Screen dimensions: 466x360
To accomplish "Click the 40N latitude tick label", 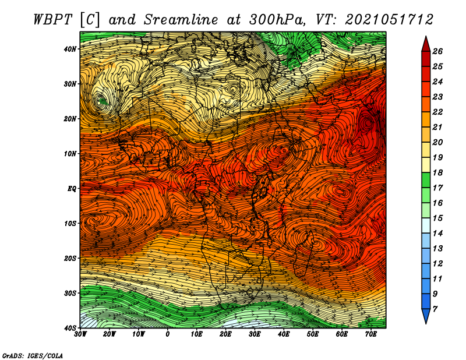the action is (x=70, y=49).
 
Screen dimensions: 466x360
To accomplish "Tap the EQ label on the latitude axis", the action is (x=72, y=189).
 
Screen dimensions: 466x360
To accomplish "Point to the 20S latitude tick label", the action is (x=70, y=258).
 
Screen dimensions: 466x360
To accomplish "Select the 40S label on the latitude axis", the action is (x=70, y=328).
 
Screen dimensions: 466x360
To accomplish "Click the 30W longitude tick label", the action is (x=80, y=334).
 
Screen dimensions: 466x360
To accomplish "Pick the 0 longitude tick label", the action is (x=168, y=334).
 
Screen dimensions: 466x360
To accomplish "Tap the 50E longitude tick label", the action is (x=313, y=334).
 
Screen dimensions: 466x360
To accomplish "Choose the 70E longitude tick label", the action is (x=371, y=334).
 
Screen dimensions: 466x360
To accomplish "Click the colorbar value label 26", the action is (x=437, y=51).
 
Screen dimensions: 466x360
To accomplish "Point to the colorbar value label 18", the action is (x=437, y=172).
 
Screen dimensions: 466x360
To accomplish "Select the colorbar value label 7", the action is (x=435, y=309).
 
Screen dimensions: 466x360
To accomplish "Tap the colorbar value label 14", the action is (x=437, y=234).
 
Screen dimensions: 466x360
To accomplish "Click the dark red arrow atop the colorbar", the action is (x=426, y=45).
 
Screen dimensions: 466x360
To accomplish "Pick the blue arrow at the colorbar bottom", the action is (x=426, y=316).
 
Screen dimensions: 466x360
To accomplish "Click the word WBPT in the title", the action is (x=52, y=20).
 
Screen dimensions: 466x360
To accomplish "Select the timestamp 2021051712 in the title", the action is (x=389, y=20).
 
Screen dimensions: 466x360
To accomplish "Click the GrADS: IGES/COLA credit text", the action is (x=33, y=355).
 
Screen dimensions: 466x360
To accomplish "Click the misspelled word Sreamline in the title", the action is (x=181, y=20).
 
